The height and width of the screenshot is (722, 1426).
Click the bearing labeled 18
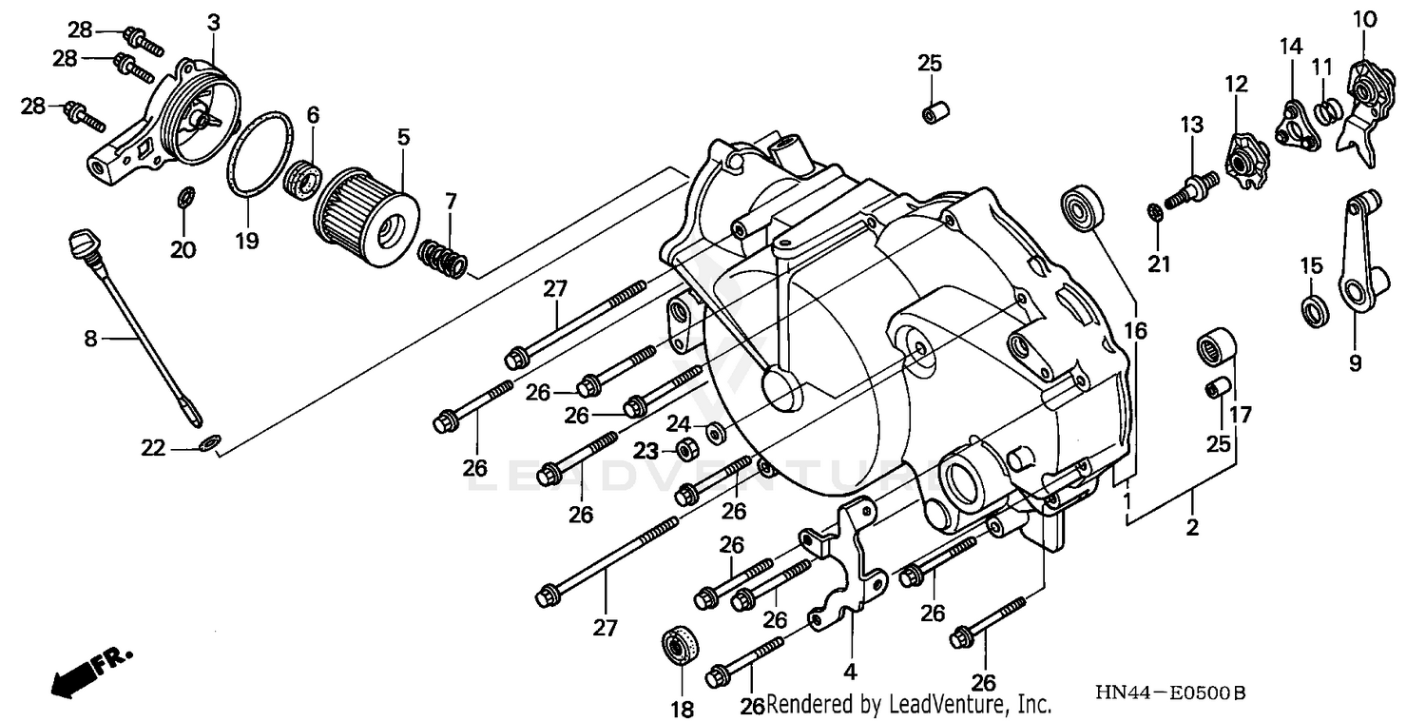682,646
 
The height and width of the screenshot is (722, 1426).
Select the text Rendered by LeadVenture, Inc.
908,705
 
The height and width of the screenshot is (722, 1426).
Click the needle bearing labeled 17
1214,344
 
